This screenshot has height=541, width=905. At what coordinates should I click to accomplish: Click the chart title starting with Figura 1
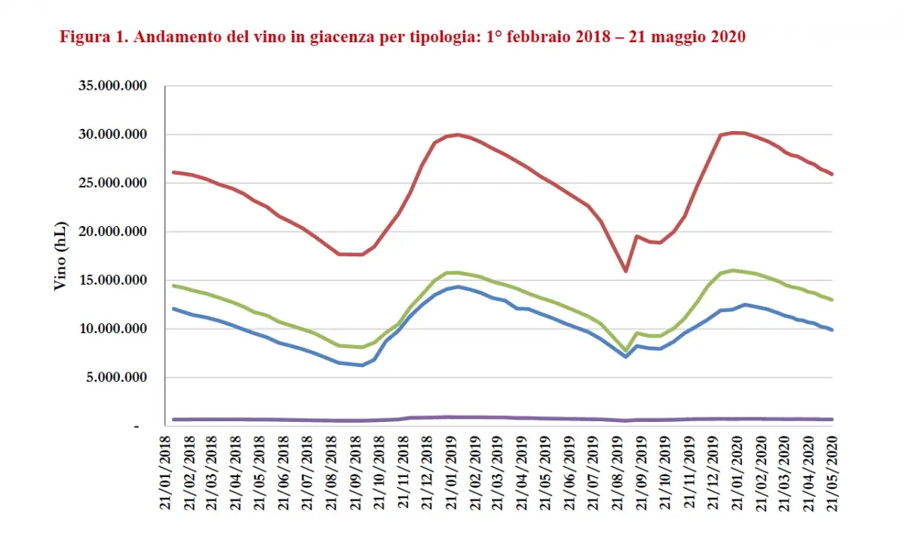click(403, 37)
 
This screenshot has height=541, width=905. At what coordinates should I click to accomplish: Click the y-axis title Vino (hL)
click(61, 257)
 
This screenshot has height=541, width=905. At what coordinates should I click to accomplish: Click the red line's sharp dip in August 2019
click(625, 270)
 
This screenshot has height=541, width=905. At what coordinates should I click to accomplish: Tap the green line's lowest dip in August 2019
click(625, 351)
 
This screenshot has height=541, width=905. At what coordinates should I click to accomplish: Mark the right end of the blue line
click(833, 330)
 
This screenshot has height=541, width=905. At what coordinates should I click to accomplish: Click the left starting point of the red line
click(173, 172)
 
